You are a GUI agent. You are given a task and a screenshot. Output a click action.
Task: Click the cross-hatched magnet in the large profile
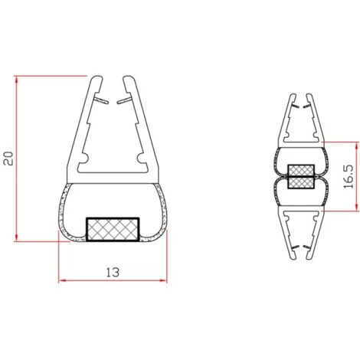[x=112, y=228]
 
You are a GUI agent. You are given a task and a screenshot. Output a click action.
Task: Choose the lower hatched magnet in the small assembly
[x=301, y=182]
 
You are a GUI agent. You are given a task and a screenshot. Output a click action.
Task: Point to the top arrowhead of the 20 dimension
[x=18, y=80]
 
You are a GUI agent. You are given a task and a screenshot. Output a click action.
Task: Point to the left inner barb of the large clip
[x=99, y=99]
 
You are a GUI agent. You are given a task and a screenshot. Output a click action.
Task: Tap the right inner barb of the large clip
[x=126, y=99]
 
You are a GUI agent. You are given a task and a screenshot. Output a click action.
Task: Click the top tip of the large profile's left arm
[x=94, y=77]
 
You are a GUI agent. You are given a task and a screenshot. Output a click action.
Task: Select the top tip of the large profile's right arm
[x=131, y=77]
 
